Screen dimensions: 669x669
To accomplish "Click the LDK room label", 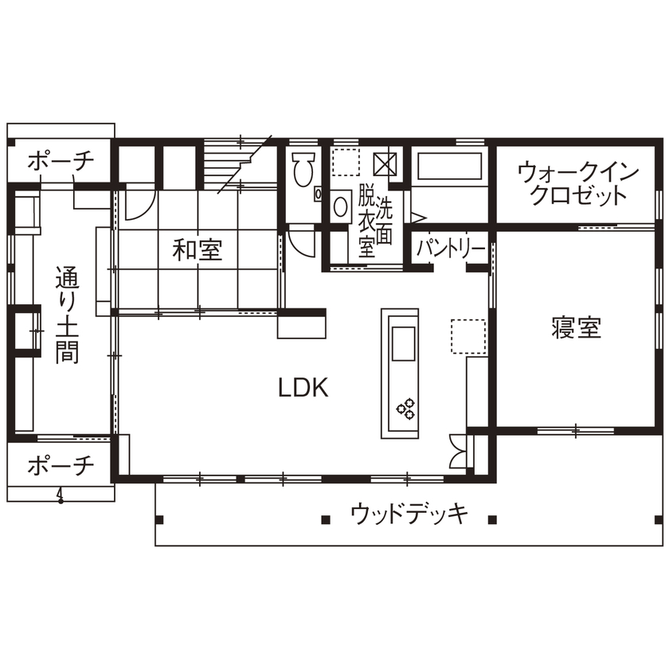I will (303, 388).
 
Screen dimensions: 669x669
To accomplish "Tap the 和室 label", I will (198, 251).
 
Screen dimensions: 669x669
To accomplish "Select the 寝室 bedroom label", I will (576, 327).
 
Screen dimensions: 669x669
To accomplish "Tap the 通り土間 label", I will (67, 316).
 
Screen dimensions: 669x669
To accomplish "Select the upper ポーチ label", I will (61, 162).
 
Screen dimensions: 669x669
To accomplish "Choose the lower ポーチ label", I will (61, 466).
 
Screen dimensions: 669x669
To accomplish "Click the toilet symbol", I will (302, 170).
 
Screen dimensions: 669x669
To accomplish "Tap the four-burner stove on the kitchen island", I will (406, 409).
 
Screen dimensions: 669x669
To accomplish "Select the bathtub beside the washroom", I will (450, 167).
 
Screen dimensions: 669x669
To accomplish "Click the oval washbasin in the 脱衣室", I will (340, 207).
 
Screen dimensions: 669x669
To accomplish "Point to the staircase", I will (235, 163).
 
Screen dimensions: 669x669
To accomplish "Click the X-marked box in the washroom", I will (386, 163).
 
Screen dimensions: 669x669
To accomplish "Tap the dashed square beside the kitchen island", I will (468, 336).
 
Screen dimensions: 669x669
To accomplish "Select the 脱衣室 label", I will (366, 221).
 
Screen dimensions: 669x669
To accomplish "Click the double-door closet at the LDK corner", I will (458, 452).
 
